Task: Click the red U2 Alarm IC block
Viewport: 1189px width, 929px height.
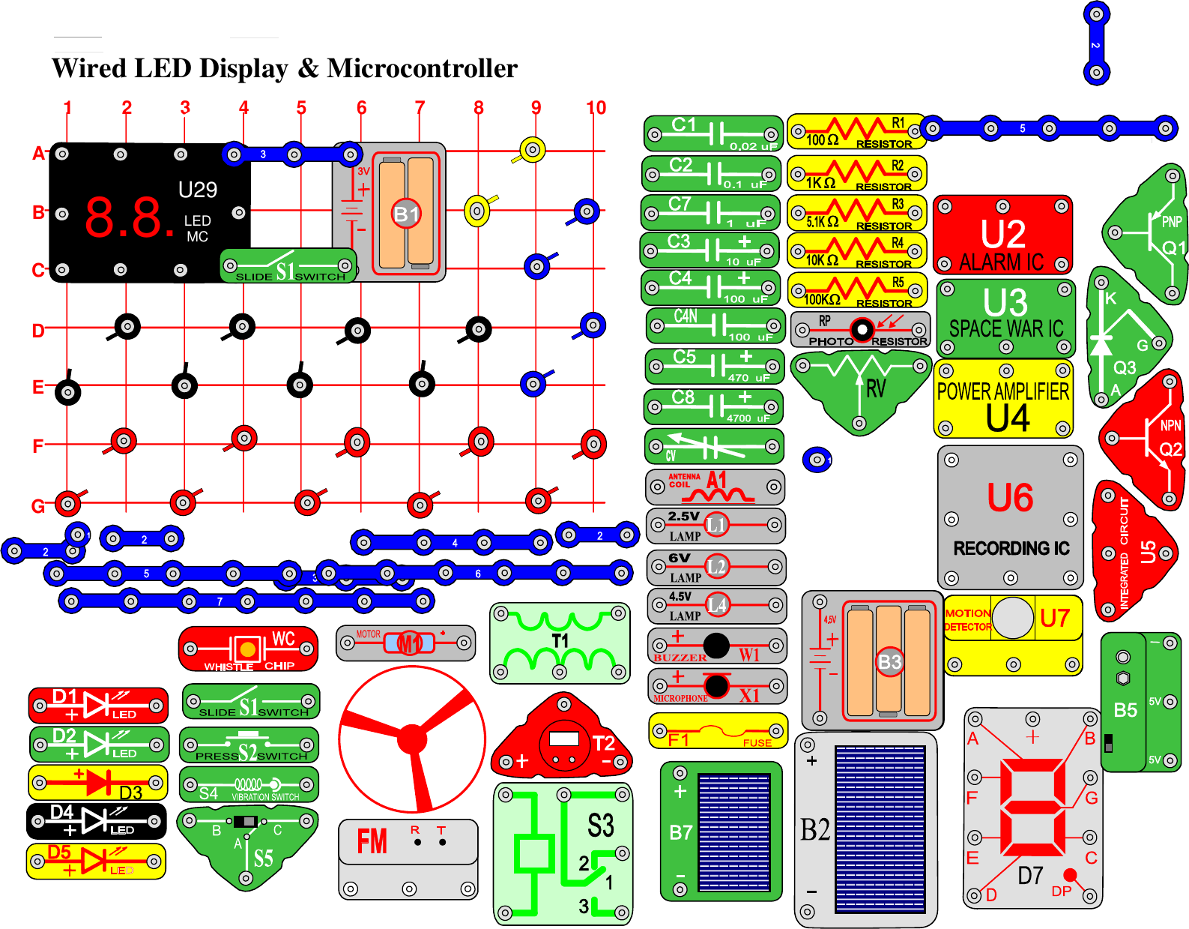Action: point(1002,235)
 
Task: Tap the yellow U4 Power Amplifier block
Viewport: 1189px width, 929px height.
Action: point(1003,398)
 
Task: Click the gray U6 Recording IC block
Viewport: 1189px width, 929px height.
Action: point(1010,517)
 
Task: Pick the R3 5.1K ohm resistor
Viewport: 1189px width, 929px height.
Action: point(856,214)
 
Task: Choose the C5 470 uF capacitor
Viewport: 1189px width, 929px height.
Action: point(714,367)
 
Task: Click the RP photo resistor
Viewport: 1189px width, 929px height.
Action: point(860,330)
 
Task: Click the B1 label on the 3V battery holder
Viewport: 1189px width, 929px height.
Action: point(406,214)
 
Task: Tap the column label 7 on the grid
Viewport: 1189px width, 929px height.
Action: point(420,108)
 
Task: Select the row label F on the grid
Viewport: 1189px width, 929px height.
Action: point(38,447)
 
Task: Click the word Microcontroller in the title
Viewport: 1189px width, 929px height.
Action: point(422,68)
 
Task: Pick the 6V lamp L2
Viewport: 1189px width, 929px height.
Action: point(715,567)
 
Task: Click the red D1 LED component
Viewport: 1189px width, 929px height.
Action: point(98,706)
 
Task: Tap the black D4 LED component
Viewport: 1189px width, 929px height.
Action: point(97,821)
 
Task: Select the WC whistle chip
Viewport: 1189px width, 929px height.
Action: point(248,649)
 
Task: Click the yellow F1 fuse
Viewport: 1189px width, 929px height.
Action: point(718,731)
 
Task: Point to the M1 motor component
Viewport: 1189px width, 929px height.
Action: point(405,643)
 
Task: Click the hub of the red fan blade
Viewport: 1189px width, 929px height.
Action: point(411,739)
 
